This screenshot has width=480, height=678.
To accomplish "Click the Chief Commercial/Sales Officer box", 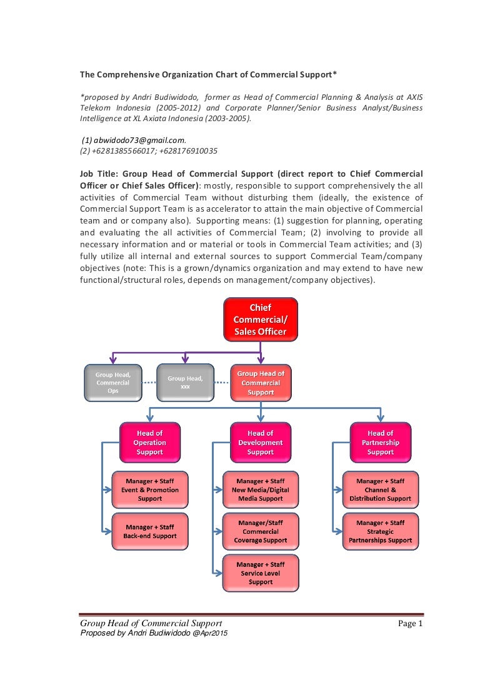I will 260,320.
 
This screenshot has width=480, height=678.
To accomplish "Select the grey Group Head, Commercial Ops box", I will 112,382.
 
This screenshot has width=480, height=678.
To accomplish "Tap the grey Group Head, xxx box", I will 185,382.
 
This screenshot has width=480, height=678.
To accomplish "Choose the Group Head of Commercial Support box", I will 261,383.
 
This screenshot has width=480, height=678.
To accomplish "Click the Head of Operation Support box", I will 149,443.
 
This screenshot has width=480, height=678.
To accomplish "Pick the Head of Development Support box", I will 260,443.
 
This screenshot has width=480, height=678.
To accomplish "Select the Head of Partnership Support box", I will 380,443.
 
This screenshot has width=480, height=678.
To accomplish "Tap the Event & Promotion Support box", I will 149,490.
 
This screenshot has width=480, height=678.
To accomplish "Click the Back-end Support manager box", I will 149,531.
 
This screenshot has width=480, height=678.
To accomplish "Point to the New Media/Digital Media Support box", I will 261,490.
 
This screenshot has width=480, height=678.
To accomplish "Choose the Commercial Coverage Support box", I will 261,531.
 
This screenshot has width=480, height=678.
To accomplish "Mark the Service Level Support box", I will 261,573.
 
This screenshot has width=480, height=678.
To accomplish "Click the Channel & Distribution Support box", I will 380,490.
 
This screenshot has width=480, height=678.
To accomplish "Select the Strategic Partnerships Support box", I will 380,531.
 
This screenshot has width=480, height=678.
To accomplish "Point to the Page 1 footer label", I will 411,624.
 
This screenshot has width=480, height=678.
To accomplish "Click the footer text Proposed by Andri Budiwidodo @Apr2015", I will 154,633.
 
